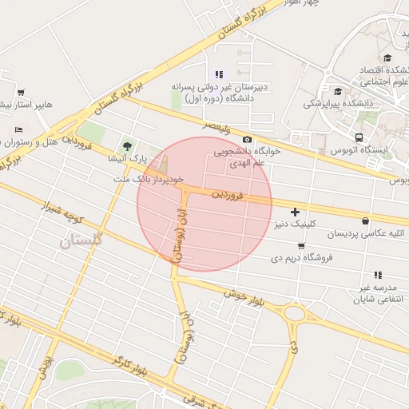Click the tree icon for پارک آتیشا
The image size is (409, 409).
pyautogui.click(x=126, y=145)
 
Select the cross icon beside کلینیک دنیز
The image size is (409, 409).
pyautogui.click(x=296, y=212)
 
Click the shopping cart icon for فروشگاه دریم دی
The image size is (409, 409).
pyautogui.click(x=300, y=245)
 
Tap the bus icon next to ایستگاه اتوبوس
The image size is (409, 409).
pyautogui.click(x=359, y=137)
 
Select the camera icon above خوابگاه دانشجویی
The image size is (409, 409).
pyautogui.click(x=247, y=139)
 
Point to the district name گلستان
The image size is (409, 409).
pyautogui.click(x=81, y=239)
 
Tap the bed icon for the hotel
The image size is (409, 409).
pyautogui.click(x=18, y=129)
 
